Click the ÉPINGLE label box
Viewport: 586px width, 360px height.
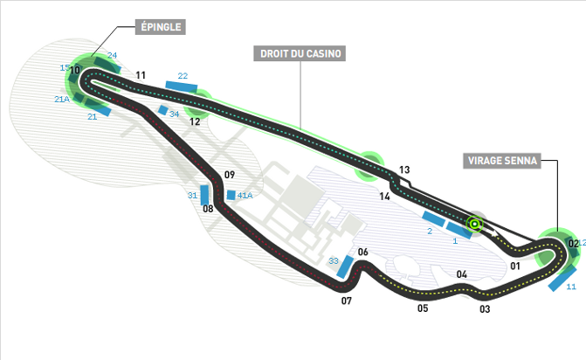pyautogui.click(x=161, y=27)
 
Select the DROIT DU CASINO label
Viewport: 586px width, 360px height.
pyautogui.click(x=300, y=53)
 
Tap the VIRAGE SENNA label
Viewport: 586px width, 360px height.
pyautogui.click(x=502, y=161)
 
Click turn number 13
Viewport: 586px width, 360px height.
pyautogui.click(x=404, y=170)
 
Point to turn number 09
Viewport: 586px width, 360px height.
pyautogui.click(x=230, y=175)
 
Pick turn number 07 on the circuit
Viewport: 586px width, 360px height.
pyautogui.click(x=347, y=301)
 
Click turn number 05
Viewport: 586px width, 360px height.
pyautogui.click(x=423, y=308)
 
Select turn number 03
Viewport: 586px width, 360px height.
pyautogui.click(x=485, y=308)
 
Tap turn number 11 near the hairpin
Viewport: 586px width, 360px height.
pyautogui.click(x=141, y=75)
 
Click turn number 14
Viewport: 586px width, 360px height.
pyautogui.click(x=384, y=196)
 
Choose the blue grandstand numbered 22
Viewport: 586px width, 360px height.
pyautogui.click(x=182, y=87)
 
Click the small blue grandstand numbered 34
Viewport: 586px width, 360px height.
pyautogui.click(x=163, y=110)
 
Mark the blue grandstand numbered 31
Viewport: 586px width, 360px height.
pyautogui.click(x=204, y=195)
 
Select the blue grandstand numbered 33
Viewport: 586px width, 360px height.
pyautogui.click(x=345, y=267)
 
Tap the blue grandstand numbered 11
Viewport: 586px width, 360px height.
pyautogui.click(x=562, y=279)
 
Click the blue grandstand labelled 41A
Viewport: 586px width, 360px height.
pyautogui.click(x=231, y=195)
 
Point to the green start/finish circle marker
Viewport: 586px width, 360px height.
pyautogui.click(x=474, y=225)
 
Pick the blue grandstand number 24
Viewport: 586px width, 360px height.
pyautogui.click(x=107, y=65)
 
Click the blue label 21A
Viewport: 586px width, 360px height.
pyautogui.click(x=62, y=99)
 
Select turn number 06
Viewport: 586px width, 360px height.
pyautogui.click(x=363, y=252)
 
